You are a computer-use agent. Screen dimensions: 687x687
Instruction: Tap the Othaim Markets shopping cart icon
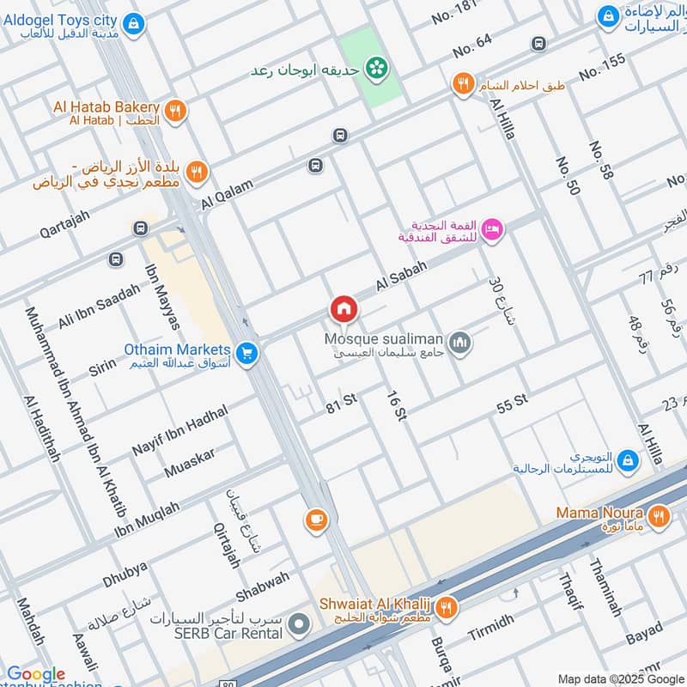pos(247,353)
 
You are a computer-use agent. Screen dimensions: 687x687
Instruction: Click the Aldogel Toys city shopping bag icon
pos(133,24)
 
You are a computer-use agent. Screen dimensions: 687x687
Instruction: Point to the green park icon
pos(374,66)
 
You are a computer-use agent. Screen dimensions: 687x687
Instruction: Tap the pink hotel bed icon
pos(493,228)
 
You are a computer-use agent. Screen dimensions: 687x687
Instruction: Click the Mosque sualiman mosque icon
pos(461,343)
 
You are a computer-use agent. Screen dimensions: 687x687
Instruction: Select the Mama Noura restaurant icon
pos(659,516)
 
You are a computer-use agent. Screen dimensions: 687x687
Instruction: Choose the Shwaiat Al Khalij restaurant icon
pos(447,608)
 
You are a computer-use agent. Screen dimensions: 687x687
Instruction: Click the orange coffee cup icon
pos(316,519)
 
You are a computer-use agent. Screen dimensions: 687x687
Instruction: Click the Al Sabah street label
pos(400,271)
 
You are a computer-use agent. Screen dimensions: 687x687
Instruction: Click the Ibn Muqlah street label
pos(147,522)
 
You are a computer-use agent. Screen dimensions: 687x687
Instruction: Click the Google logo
pos(36,674)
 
